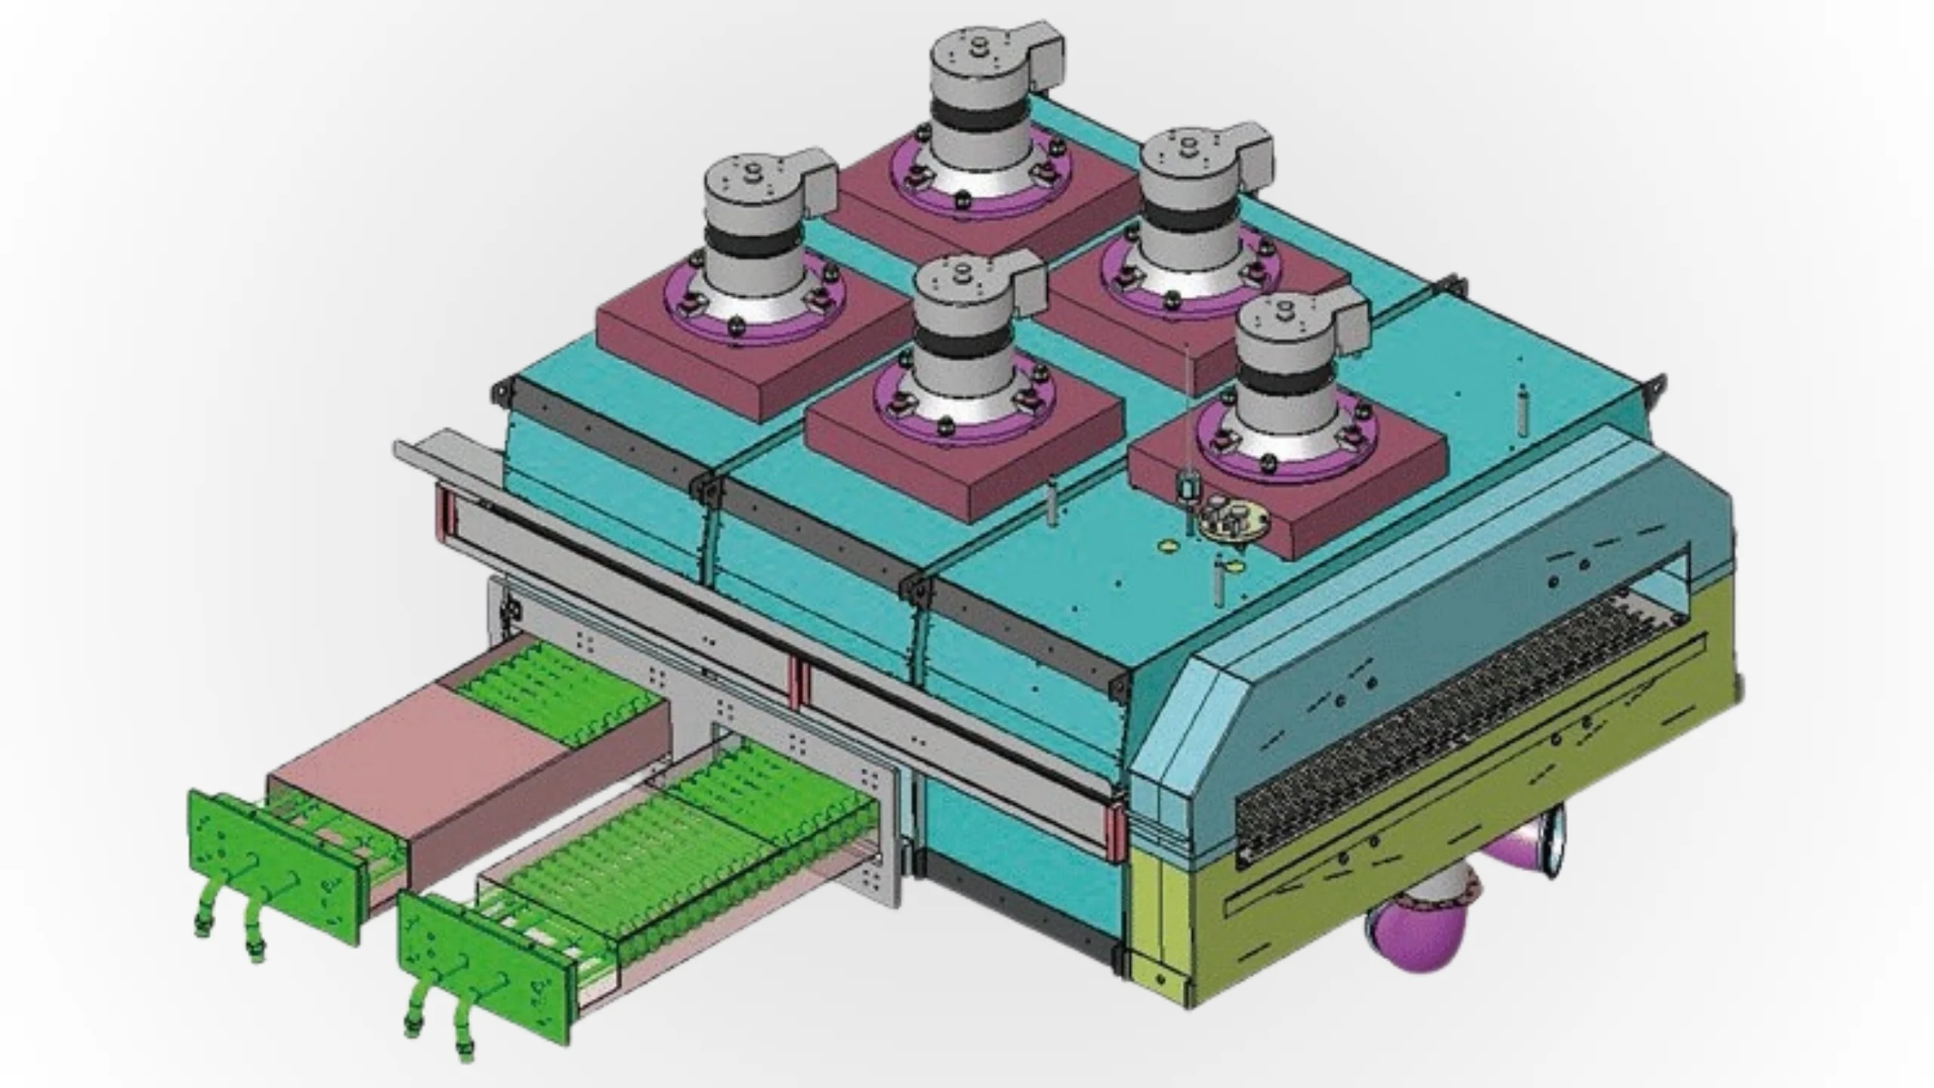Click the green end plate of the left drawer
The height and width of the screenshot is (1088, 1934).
pos(272,861)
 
